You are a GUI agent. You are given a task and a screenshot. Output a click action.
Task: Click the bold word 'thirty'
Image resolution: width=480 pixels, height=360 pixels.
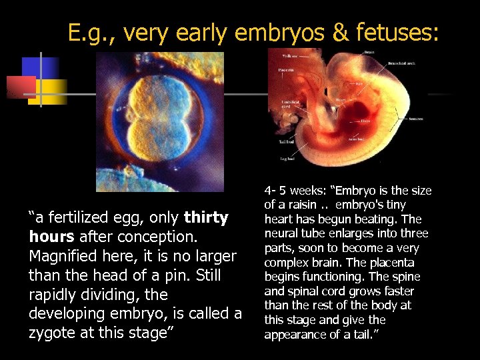(206, 217)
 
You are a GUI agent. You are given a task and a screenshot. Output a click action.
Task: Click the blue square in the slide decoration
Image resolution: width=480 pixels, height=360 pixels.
(40, 67)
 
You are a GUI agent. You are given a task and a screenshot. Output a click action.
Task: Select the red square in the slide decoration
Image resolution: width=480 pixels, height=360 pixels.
(20, 87)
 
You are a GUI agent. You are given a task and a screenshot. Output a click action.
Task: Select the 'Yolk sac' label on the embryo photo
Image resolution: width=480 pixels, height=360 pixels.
(291, 55)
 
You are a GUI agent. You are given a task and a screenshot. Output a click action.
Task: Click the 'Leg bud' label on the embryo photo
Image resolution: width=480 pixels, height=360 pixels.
(287, 158)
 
